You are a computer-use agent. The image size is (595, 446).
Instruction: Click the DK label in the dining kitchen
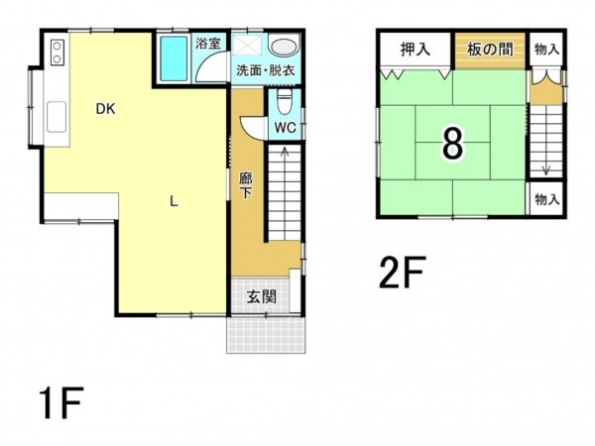[x=104, y=110]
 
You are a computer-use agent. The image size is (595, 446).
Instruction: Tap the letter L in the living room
[x=174, y=202]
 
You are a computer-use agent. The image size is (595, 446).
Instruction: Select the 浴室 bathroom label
[x=208, y=44]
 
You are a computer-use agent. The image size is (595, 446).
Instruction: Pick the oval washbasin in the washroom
[x=285, y=47]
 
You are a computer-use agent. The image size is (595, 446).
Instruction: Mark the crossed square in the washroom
[x=247, y=46]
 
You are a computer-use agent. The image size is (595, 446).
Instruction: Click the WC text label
[x=286, y=127]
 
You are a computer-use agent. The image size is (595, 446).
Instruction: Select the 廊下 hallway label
[x=246, y=184]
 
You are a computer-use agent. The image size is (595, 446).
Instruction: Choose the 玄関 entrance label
[x=262, y=295]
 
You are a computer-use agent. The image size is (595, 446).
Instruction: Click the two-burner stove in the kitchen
[x=55, y=51]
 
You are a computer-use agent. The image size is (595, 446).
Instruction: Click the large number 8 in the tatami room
[x=451, y=145]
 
